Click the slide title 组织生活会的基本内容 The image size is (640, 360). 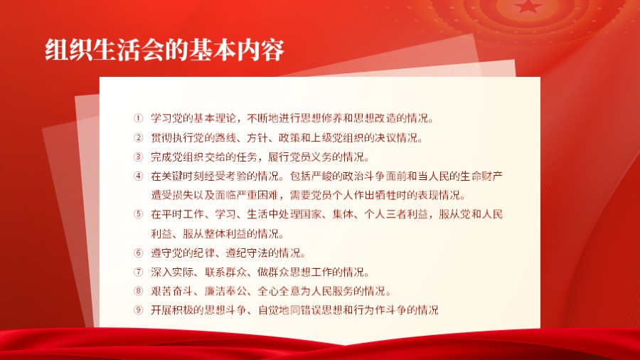[164, 51]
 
